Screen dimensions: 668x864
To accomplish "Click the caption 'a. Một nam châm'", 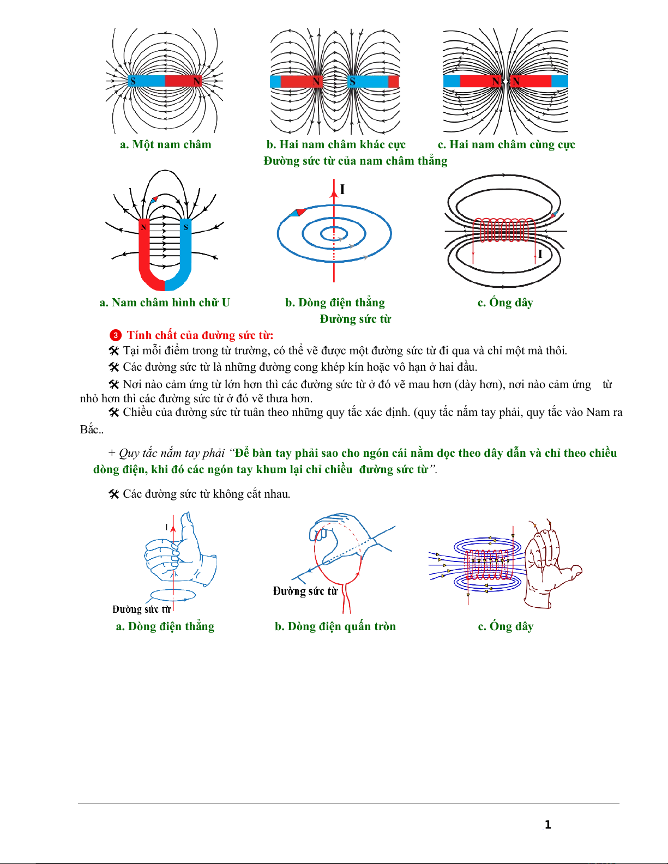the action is [x=165, y=144].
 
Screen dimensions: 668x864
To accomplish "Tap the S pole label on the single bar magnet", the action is [x=133, y=82].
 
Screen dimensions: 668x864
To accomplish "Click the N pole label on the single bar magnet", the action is [x=196, y=82].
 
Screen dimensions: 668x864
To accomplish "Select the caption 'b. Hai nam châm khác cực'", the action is [x=336, y=144].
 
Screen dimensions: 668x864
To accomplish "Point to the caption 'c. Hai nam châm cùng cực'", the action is [x=506, y=144].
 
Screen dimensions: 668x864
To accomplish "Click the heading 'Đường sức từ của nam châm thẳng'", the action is [x=355, y=161].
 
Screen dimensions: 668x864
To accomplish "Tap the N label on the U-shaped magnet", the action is [x=143, y=227].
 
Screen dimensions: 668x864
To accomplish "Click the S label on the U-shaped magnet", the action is [x=186, y=228].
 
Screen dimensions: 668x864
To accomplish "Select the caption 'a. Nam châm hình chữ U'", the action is [x=165, y=303].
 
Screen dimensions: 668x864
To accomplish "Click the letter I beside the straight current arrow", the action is [x=342, y=189].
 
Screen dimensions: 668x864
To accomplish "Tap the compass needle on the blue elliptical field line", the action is [x=297, y=213].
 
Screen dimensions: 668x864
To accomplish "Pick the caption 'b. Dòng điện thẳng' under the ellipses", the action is [x=335, y=303].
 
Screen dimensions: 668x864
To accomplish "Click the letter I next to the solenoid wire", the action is [x=540, y=254].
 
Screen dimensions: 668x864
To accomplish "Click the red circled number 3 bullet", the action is [x=115, y=336].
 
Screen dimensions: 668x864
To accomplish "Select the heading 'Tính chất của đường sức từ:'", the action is [x=200, y=336].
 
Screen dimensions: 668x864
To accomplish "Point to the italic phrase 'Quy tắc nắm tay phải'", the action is [x=172, y=454].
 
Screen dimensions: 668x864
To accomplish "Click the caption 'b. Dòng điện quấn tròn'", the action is [x=335, y=626].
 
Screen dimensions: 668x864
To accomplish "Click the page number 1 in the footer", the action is [x=547, y=825].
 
